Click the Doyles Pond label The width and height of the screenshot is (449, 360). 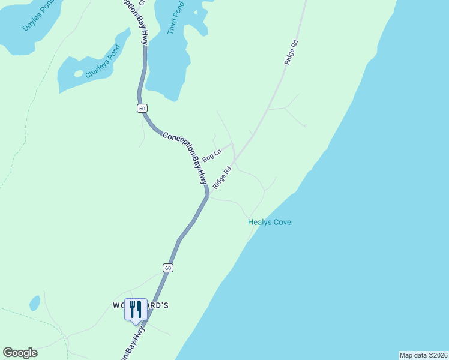(34, 20)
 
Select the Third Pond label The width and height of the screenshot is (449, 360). (176, 17)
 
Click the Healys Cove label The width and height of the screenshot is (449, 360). (270, 222)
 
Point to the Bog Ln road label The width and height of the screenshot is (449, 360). (212, 155)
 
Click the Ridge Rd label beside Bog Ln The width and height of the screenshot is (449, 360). (222, 178)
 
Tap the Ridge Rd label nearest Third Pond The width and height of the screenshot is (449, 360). (292, 52)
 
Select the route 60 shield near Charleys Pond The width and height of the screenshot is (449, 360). (142, 108)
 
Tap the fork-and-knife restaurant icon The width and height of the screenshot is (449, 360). (135, 308)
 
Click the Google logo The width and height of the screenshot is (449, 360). (20, 353)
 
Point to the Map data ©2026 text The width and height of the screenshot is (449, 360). (423, 355)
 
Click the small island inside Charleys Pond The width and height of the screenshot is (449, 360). (78, 74)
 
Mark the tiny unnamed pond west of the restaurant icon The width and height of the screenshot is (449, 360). (35, 303)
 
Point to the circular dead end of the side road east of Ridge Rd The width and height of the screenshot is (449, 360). (306, 126)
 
